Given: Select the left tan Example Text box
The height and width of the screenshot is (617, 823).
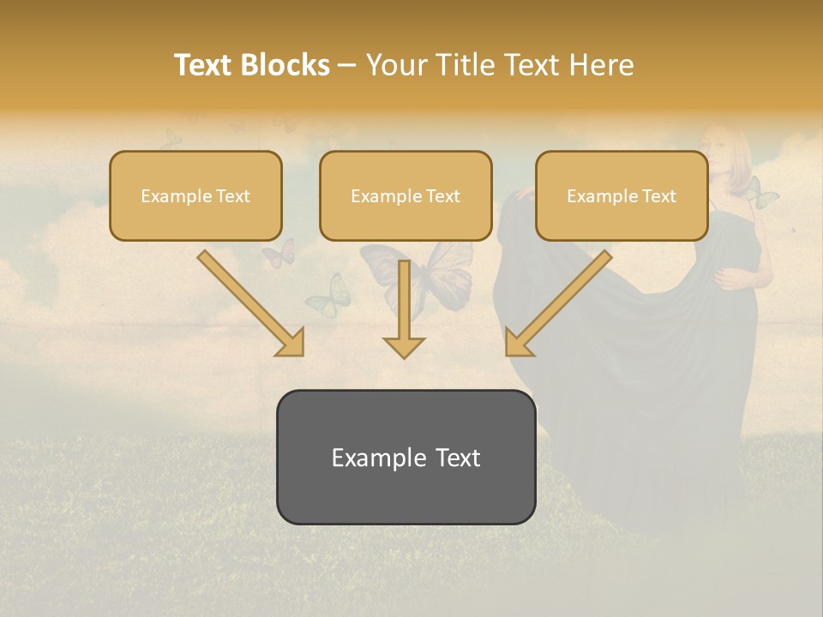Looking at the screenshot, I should point(195,196).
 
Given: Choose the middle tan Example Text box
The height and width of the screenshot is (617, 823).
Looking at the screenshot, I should point(405,196).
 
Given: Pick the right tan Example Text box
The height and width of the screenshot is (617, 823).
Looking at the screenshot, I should point(622,196).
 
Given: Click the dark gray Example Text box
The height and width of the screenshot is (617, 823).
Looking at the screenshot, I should point(405,458).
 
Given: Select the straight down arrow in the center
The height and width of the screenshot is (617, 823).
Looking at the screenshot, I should point(404,308).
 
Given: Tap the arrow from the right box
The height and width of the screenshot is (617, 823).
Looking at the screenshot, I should point(560,301).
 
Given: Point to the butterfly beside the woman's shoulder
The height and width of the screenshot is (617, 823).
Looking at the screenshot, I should point(760,194).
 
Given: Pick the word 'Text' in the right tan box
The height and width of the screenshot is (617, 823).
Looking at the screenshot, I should point(659,196).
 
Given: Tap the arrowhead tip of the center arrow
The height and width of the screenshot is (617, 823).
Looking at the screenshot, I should point(404,356).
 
